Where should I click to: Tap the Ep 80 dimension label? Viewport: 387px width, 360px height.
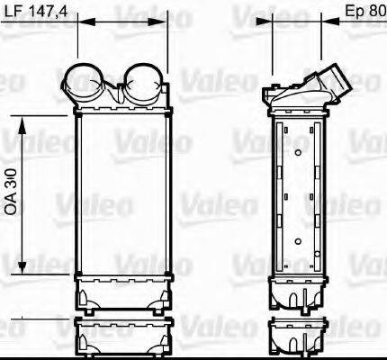[x=365, y=12]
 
